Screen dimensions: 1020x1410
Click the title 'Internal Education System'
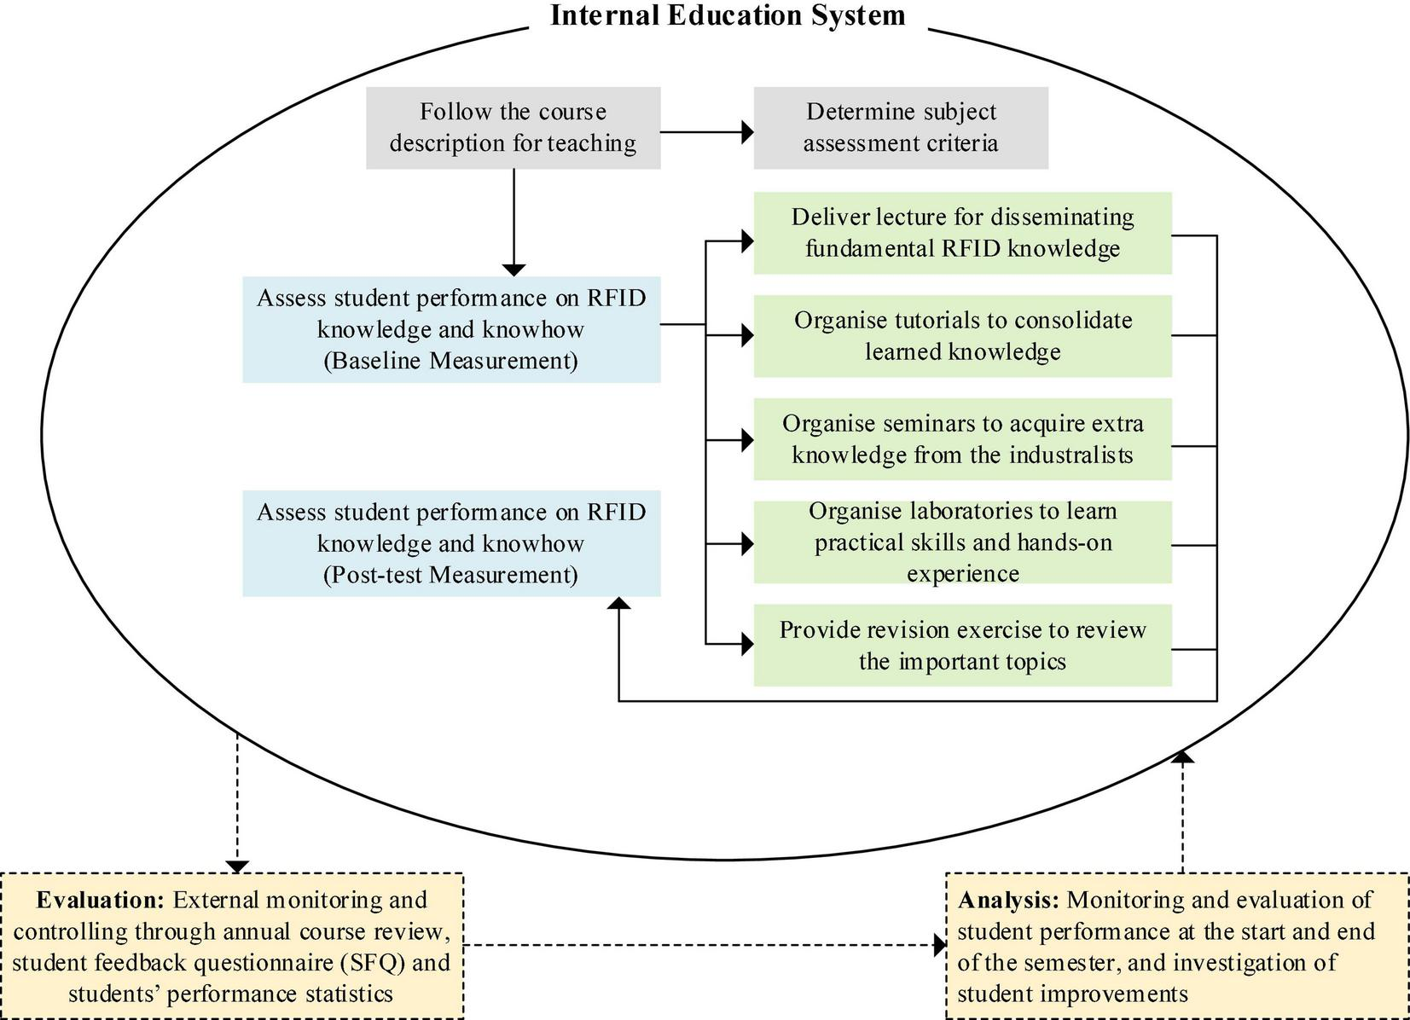coord(728,15)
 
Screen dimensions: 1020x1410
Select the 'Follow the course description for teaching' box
coord(513,128)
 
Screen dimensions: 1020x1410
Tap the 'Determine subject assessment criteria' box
coord(901,128)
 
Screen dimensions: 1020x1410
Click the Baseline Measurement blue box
coord(451,329)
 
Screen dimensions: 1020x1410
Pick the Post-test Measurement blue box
coord(451,543)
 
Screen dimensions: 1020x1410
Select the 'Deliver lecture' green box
coord(962,233)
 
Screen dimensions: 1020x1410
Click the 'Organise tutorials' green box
coord(962,336)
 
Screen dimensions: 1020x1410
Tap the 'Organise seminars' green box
coord(962,439)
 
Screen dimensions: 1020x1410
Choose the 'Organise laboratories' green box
coord(962,542)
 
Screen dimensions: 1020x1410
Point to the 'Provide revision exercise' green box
coord(962,646)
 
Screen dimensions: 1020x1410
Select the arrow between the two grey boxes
coord(706,132)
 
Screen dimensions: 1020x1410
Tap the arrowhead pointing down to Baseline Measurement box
coord(514,269)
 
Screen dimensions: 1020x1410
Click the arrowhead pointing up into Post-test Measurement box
coord(619,603)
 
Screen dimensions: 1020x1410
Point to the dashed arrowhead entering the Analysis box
coord(941,945)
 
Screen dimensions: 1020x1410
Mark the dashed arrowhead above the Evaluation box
coord(237,866)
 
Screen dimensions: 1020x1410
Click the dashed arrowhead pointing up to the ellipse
coord(1183,756)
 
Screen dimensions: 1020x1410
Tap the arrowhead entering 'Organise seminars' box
coord(747,440)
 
